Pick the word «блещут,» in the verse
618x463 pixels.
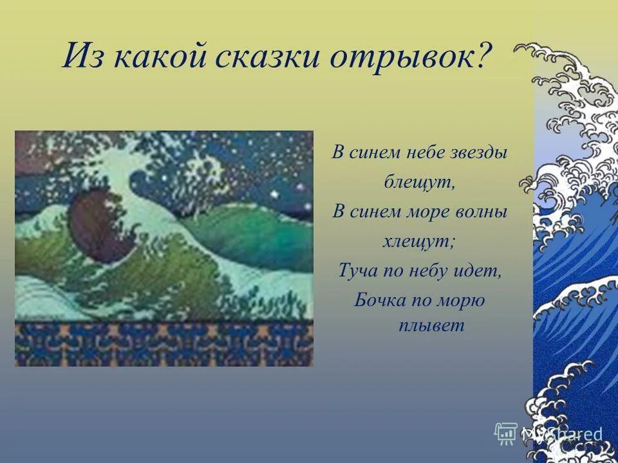420,182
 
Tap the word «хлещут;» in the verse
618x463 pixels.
420,241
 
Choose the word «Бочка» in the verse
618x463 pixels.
377,300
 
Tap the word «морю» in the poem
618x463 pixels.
463,300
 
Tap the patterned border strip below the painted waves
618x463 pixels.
164,344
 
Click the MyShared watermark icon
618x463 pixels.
506,433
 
